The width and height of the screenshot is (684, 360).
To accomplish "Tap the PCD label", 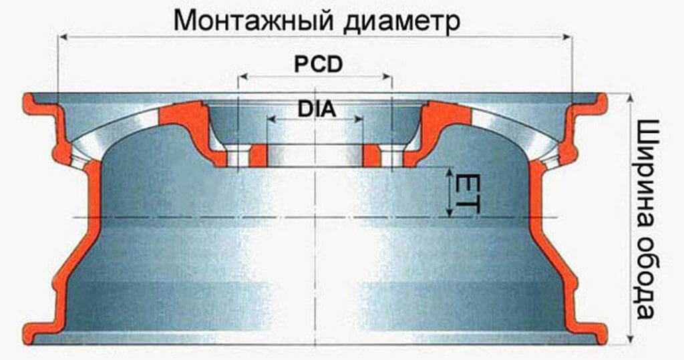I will [317, 64].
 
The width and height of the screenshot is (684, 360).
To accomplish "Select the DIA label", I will [316, 109].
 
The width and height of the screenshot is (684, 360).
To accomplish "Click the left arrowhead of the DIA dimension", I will [270, 120].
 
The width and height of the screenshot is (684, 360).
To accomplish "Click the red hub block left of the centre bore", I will [259, 155].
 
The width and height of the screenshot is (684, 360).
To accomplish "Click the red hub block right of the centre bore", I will [371, 155].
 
